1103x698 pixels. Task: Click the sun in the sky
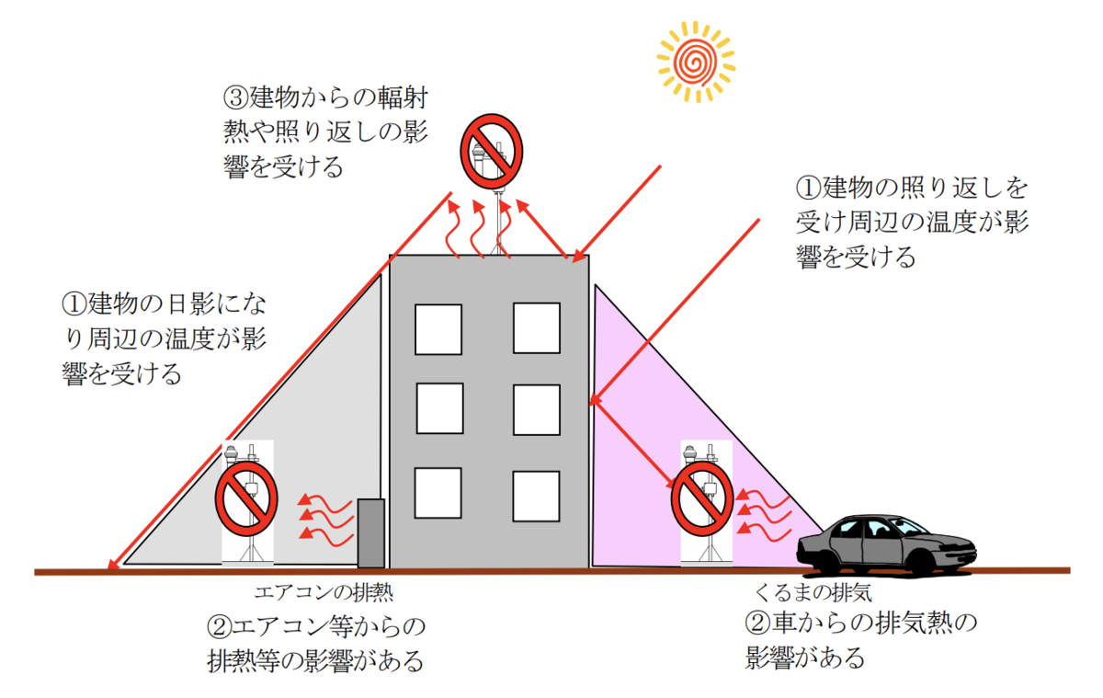coord(696,62)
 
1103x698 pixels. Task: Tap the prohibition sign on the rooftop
coord(492,151)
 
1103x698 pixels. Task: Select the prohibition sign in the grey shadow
coord(246,498)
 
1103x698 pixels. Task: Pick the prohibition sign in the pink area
coord(702,498)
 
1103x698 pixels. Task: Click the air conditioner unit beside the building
coord(370,533)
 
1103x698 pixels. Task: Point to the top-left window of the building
coord(438,329)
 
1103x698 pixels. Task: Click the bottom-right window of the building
coord(536,496)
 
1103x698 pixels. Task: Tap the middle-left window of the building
coord(439,408)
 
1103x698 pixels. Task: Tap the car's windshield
coord(906,526)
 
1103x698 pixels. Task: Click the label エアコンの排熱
coord(324,592)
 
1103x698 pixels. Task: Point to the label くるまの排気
coord(813,592)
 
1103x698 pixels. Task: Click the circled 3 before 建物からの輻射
coord(235,97)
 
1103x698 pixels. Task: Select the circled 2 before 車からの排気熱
coord(757,623)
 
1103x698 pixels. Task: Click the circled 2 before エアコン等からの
coord(219,626)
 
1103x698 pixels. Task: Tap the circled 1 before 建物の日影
coord(74,303)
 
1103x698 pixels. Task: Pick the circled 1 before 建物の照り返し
coord(808,188)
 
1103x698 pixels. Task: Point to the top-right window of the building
coord(537,328)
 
